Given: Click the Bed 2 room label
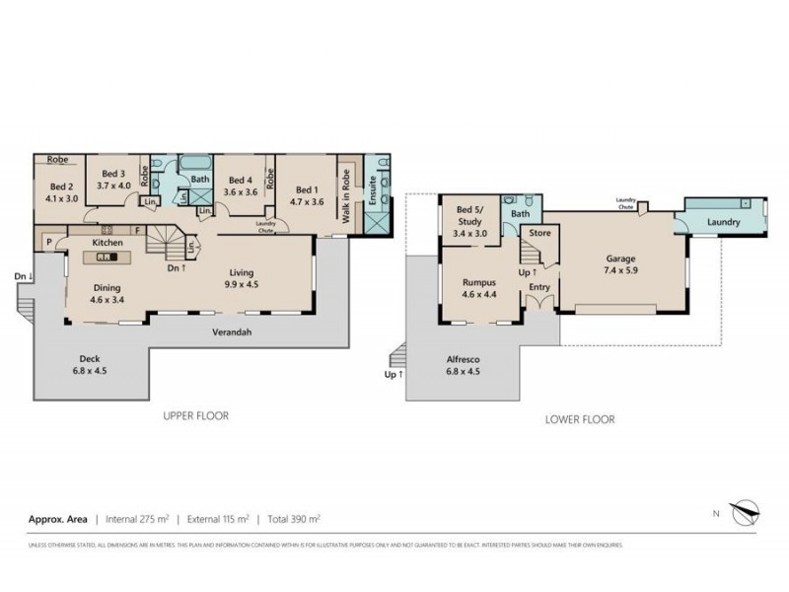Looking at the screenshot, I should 61,186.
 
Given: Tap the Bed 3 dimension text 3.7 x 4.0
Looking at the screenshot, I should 114,185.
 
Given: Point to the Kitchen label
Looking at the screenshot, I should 107,242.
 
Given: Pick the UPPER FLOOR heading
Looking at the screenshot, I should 195,416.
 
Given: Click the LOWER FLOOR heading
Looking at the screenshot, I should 580,419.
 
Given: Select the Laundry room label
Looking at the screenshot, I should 723,223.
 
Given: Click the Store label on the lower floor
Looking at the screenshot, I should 539,233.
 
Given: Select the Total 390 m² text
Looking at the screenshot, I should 292,518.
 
